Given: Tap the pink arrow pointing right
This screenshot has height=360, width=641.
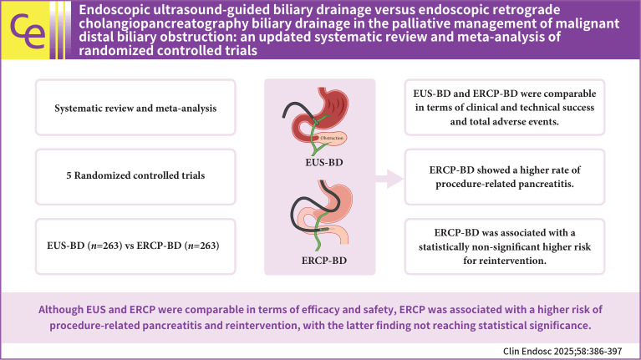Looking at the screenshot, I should [x=385, y=176].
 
